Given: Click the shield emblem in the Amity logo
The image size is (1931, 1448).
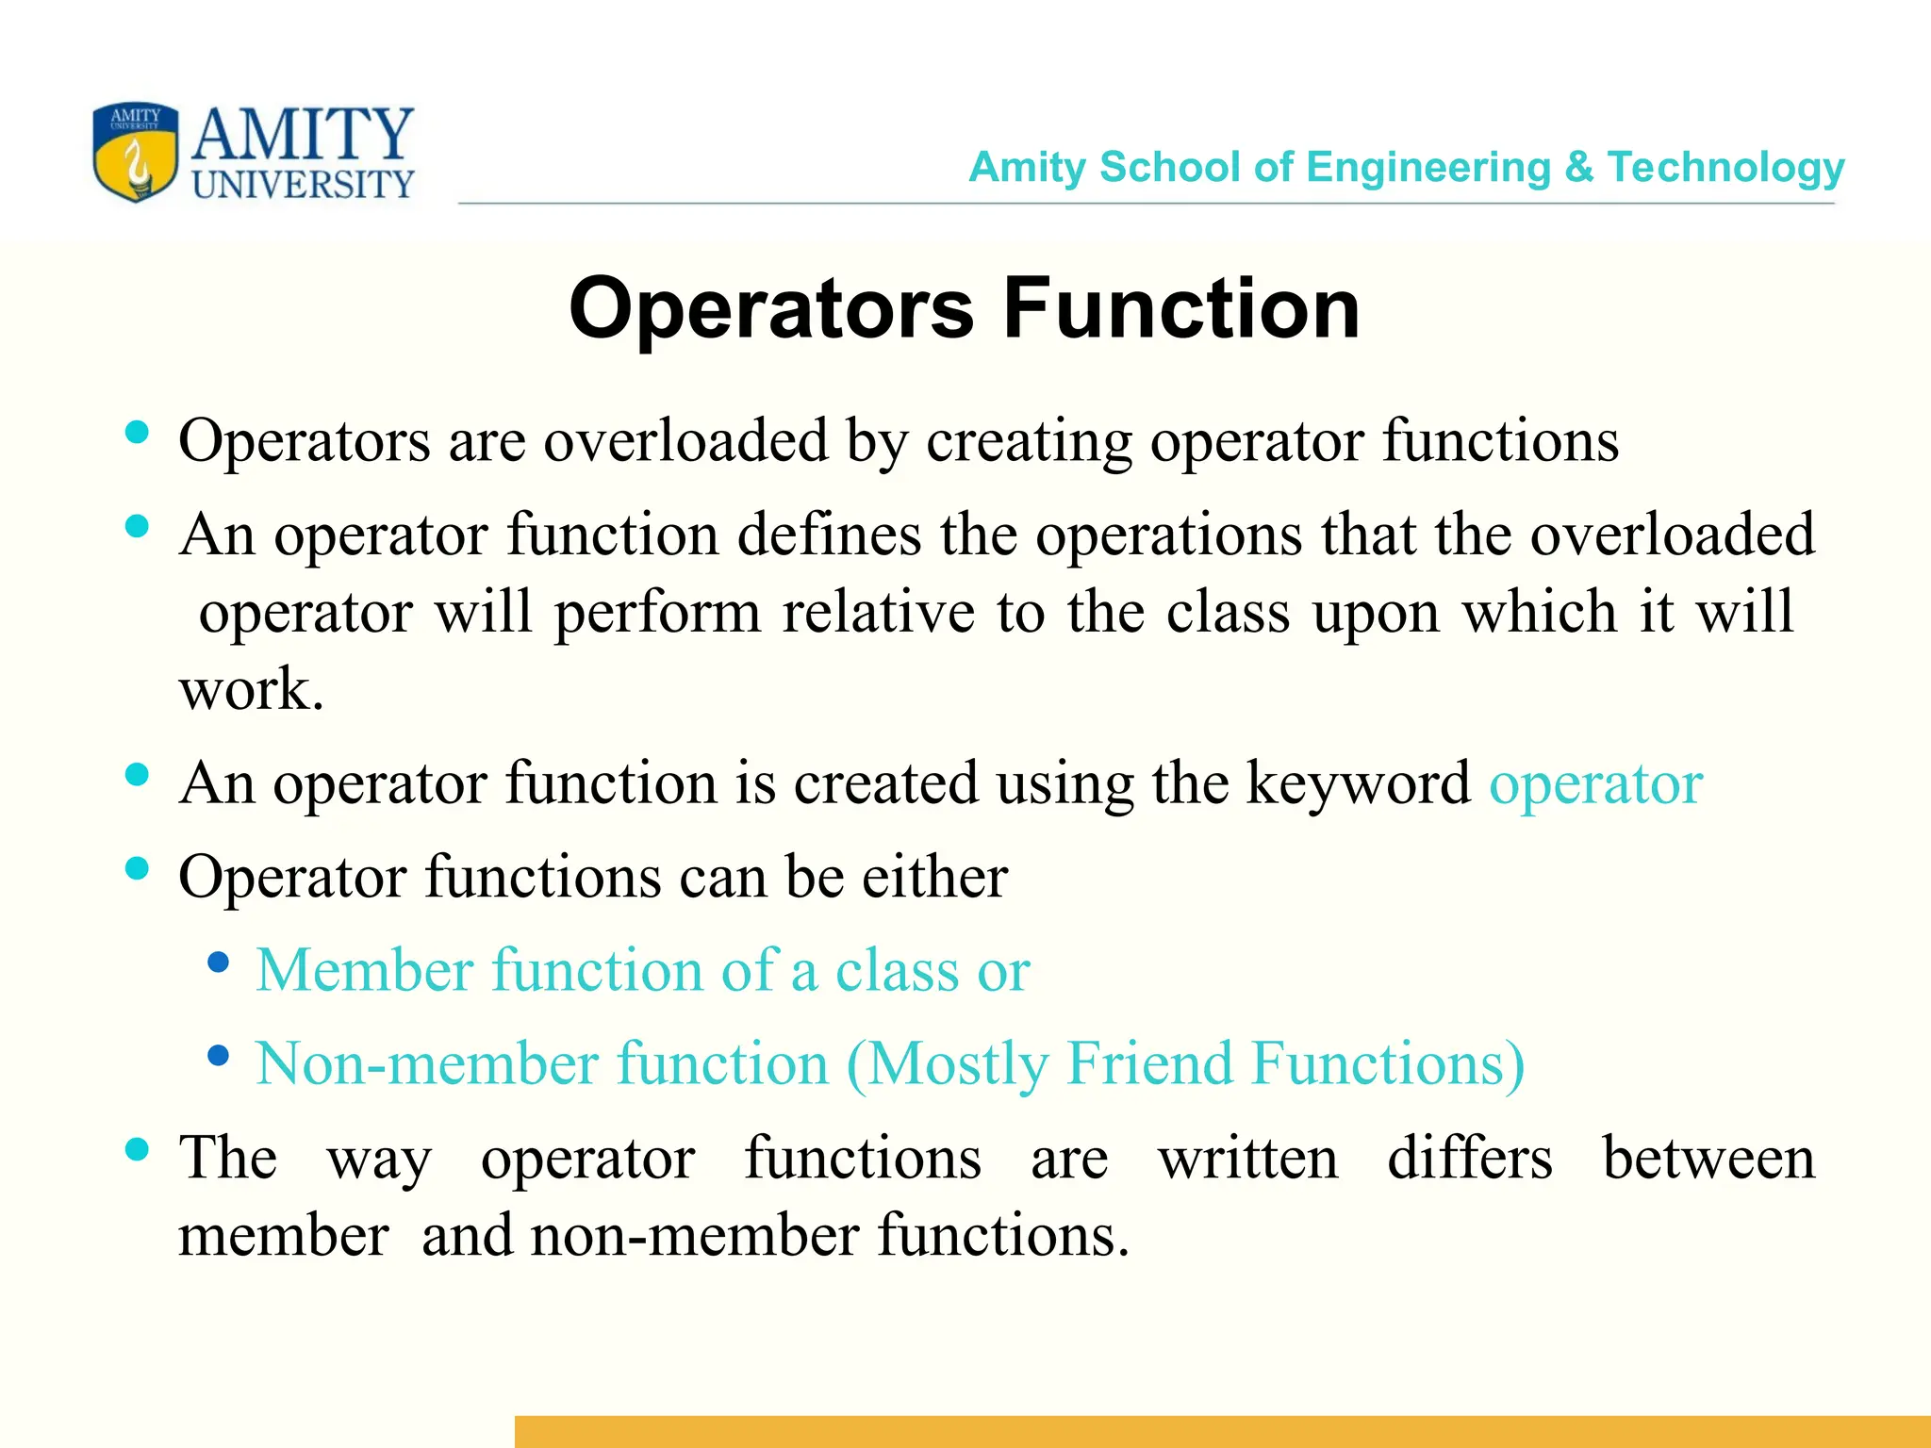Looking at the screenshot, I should click(135, 152).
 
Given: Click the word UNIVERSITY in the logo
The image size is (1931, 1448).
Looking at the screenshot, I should click(303, 185).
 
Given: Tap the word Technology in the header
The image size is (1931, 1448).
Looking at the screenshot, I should click(1725, 168).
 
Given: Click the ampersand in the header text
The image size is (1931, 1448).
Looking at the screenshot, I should click(1578, 168).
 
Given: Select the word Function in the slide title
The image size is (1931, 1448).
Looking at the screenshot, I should click(1181, 308).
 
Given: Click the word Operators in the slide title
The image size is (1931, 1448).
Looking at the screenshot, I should click(771, 308).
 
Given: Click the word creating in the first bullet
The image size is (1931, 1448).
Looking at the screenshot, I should click(1029, 441).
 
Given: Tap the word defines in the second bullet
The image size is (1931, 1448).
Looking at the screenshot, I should click(829, 535).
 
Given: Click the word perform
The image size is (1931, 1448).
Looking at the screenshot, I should click(657, 613).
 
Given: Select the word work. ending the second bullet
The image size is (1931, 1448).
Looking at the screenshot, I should click(251, 690).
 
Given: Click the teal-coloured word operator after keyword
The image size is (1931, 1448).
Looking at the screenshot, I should click(1595, 783).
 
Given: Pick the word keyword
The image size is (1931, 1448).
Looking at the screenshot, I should click(1358, 783).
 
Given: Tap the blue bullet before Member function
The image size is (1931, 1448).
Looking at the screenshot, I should click(219, 963).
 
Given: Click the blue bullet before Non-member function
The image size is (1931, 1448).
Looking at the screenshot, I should click(219, 1056).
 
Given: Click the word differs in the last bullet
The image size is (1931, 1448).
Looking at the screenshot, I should click(1469, 1159).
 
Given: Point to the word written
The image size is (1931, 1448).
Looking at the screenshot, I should click(1247, 1159).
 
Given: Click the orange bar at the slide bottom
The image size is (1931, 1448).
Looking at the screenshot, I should click(1222, 1431).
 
